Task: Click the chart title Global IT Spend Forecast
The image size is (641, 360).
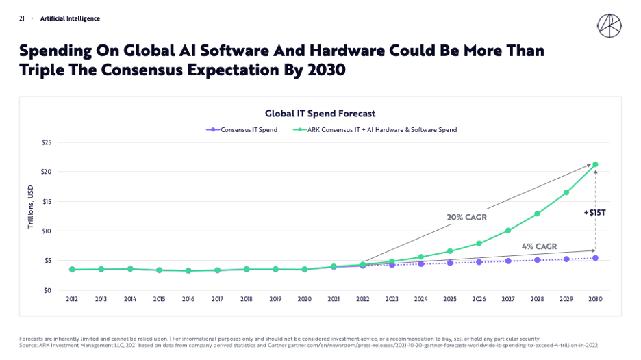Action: pyautogui.click(x=320, y=114)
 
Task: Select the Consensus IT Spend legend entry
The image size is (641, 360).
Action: pyautogui.click(x=242, y=130)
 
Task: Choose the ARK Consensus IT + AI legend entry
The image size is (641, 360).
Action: pyautogui.click(x=375, y=130)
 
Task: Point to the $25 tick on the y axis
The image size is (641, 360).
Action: pyautogui.click(x=46, y=142)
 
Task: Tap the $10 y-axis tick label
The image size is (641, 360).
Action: pyautogui.click(x=46, y=231)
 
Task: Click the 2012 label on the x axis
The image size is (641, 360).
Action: pyautogui.click(x=72, y=299)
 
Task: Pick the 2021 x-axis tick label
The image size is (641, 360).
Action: pyautogui.click(x=334, y=299)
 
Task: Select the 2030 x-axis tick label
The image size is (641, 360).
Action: pyautogui.click(x=595, y=299)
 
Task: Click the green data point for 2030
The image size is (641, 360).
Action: pyautogui.click(x=595, y=164)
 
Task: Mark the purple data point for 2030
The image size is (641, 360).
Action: pyautogui.click(x=595, y=258)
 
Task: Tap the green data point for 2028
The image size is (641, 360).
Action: pyautogui.click(x=537, y=214)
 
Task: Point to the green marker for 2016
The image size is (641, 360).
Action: pyautogui.click(x=188, y=270)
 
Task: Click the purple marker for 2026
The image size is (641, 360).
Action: pyautogui.click(x=479, y=262)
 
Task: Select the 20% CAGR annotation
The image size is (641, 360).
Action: pyautogui.click(x=467, y=218)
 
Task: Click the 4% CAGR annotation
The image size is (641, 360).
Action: pyautogui.click(x=539, y=246)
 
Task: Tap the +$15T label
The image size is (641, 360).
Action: pyautogui.click(x=595, y=212)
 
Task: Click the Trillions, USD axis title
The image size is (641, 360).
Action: pyautogui.click(x=30, y=207)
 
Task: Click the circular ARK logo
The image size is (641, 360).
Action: pyautogui.click(x=609, y=26)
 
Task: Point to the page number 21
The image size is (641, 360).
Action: pyautogui.click(x=22, y=18)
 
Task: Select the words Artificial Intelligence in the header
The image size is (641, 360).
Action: pyautogui.click(x=70, y=18)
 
